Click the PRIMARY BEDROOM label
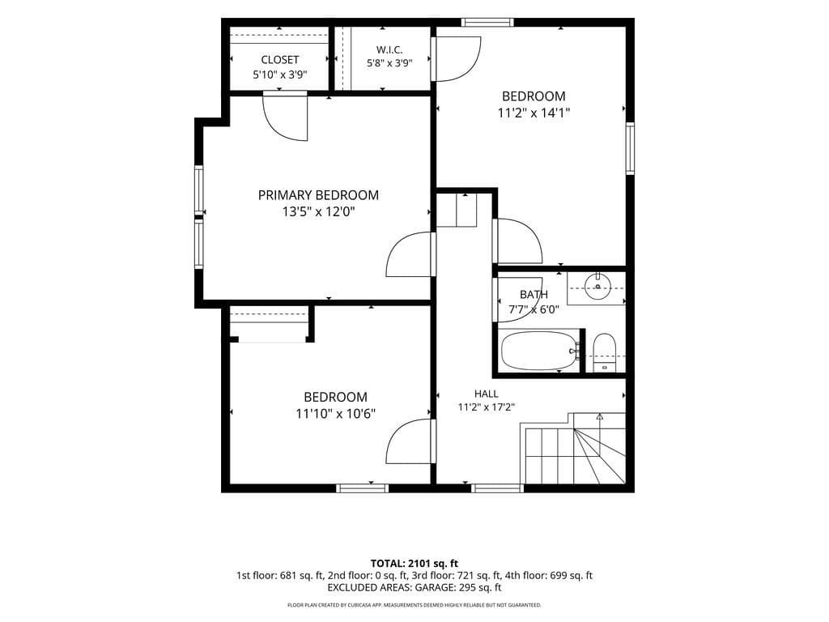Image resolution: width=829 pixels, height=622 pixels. click(318, 195)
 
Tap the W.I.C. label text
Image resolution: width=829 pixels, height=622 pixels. click(389, 49)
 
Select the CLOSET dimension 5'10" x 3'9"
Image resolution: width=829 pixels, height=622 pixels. click(280, 75)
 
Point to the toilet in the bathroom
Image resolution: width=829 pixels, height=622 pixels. click(604, 353)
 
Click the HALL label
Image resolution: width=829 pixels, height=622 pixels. click(487, 394)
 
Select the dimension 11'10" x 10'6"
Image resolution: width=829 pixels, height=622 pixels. click(336, 413)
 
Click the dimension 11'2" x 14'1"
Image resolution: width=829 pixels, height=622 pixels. click(534, 113)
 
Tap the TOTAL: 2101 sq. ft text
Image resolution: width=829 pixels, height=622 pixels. click(414, 563)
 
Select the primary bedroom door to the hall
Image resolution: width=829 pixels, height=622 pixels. click(410, 254)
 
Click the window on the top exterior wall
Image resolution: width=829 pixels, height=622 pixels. click(487, 22)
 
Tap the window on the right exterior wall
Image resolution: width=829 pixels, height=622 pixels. click(630, 148)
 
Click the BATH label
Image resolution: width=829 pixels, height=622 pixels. click(534, 294)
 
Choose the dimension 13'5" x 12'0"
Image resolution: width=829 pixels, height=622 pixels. click(318, 212)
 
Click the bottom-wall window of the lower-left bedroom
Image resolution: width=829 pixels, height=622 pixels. click(363, 488)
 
